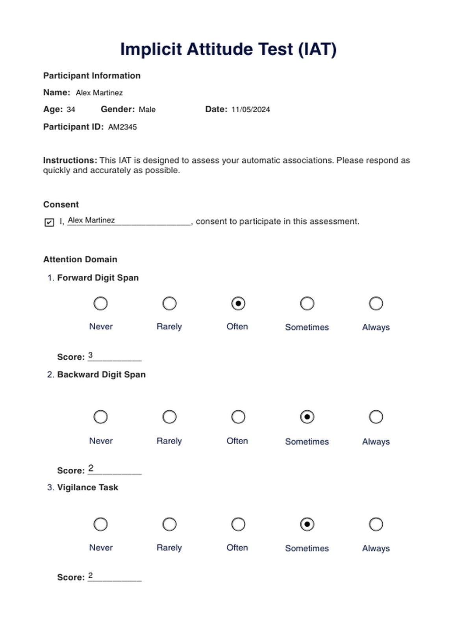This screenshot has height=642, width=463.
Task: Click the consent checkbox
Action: click(49, 223)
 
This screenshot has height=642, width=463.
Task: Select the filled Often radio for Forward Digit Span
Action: click(238, 304)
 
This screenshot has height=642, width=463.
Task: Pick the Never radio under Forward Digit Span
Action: click(100, 304)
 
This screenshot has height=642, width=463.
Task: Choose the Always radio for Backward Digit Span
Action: click(376, 417)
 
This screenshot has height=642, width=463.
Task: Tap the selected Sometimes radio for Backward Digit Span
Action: click(307, 417)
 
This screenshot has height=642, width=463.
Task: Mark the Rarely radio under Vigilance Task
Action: click(169, 524)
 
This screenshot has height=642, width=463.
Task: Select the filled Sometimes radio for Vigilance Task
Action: click(307, 524)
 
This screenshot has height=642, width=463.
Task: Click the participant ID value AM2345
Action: click(122, 127)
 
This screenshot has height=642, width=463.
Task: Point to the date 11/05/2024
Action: click(250, 110)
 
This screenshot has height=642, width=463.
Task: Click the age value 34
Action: click(71, 110)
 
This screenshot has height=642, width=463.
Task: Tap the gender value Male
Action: click(147, 110)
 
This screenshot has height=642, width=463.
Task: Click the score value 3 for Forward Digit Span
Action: click(91, 355)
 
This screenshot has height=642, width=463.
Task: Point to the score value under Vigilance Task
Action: click(91, 575)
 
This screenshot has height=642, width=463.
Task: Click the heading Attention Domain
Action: click(80, 260)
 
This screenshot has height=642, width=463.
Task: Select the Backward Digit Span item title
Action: click(101, 375)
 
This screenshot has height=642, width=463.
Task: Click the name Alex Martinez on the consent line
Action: click(91, 220)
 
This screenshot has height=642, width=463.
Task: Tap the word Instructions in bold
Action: click(70, 161)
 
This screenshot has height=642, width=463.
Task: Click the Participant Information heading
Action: click(92, 76)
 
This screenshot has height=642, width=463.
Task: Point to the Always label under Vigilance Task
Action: click(376, 548)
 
